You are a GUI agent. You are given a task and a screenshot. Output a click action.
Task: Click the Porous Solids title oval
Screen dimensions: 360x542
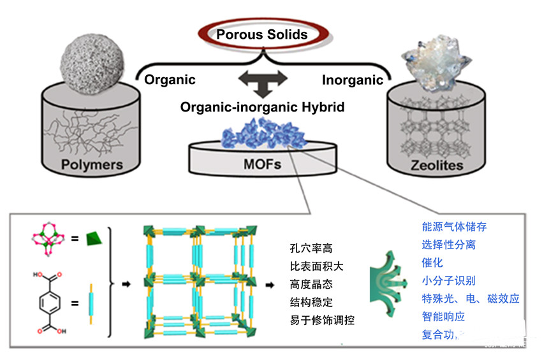(x=262, y=34)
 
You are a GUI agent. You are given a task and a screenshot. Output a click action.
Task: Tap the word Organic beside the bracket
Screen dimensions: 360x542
(x=170, y=80)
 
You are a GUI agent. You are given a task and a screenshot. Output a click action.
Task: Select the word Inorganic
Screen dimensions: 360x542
(x=353, y=80)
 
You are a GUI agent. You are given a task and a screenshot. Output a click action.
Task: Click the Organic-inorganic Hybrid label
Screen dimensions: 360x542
(x=262, y=107)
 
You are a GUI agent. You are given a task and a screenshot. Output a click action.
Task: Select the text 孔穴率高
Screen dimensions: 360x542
(x=311, y=247)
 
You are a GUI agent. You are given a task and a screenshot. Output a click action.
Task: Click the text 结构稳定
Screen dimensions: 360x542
(x=311, y=302)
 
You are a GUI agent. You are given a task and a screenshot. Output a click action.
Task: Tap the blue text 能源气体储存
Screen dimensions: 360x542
(x=454, y=226)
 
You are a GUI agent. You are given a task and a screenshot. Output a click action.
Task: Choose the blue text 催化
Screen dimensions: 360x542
(x=432, y=262)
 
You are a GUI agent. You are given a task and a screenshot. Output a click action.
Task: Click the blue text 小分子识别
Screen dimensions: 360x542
(x=448, y=280)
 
